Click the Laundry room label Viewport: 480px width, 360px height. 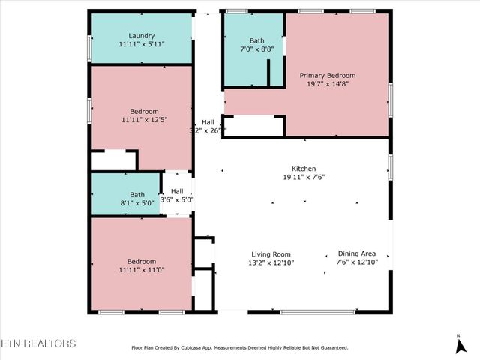click(x=141, y=35)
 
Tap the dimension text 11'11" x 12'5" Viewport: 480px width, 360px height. click(x=141, y=119)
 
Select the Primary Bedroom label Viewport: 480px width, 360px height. click(x=327, y=76)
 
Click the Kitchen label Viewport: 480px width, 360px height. click(x=304, y=169)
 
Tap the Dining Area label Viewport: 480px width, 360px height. click(x=357, y=254)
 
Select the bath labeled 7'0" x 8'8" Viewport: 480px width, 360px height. click(x=257, y=45)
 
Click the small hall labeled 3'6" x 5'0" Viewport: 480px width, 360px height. click(x=177, y=196)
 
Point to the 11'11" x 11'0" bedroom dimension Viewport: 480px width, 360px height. click(x=141, y=270)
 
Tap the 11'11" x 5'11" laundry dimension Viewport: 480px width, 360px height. click(x=141, y=44)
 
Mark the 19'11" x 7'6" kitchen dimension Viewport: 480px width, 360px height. click(x=304, y=178)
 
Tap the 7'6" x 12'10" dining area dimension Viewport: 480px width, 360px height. click(x=357, y=262)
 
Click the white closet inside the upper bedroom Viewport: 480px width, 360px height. click(x=113, y=160)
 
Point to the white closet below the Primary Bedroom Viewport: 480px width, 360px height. click(x=253, y=126)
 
